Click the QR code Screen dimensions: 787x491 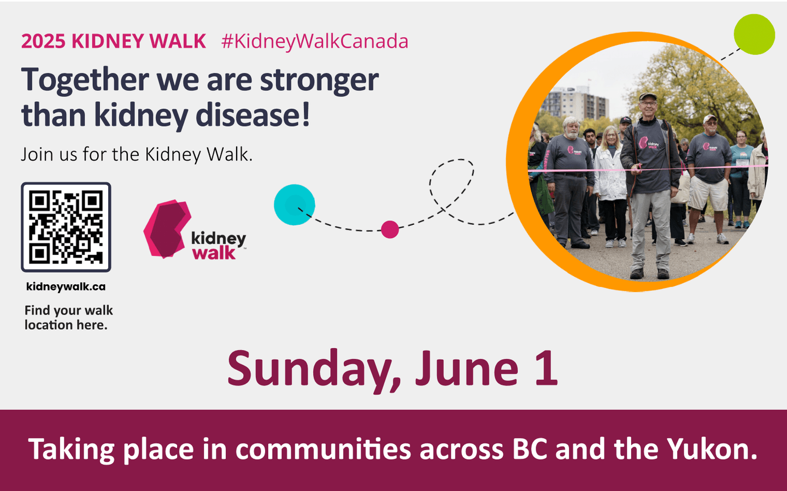pyautogui.click(x=66, y=227)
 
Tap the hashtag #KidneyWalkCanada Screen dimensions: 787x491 pyautogui.click(x=315, y=42)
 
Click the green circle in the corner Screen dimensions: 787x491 pyautogui.click(x=754, y=34)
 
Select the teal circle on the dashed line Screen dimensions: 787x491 pyautogui.click(x=295, y=204)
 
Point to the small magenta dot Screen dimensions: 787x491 pyautogui.click(x=390, y=230)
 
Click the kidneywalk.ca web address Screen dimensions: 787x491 pyautogui.click(x=66, y=287)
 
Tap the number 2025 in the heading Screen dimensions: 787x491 pyautogui.click(x=43, y=41)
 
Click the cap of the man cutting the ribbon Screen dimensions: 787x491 pyautogui.click(x=648, y=96)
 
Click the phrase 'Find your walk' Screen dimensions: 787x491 pyautogui.click(x=69, y=311)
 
